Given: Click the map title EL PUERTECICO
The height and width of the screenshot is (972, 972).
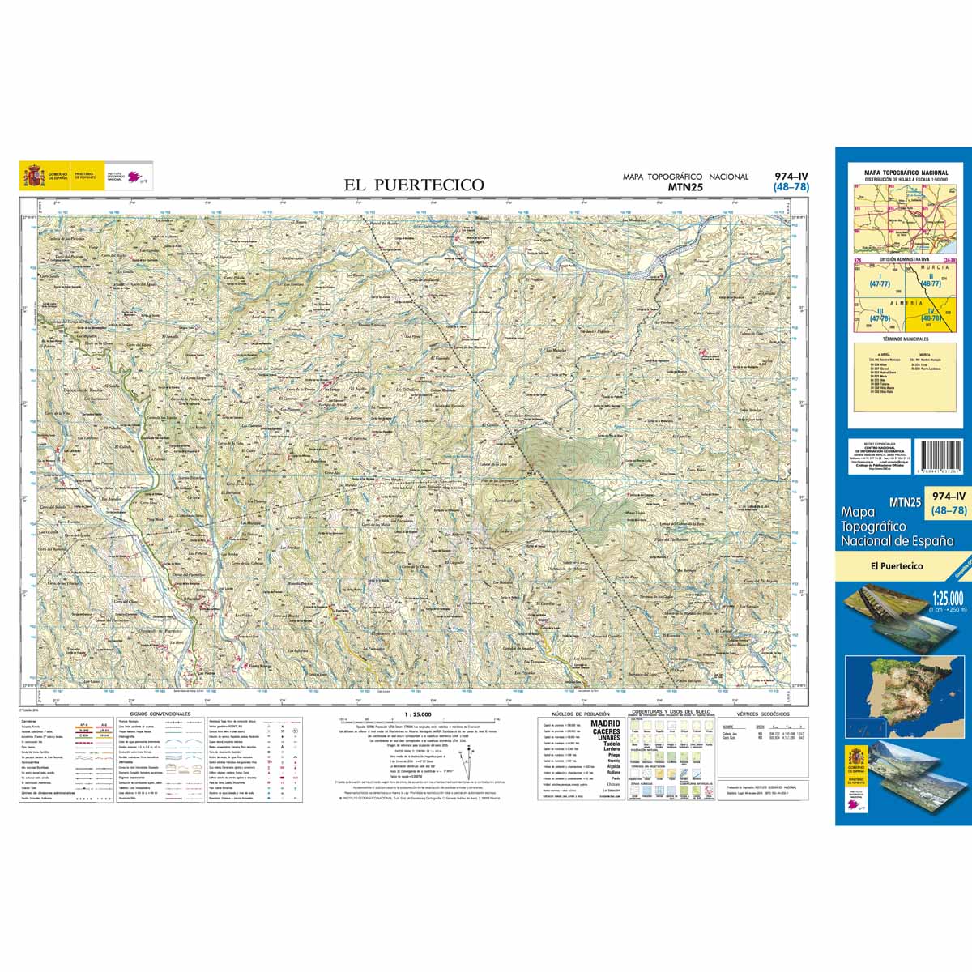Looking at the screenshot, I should [414, 185].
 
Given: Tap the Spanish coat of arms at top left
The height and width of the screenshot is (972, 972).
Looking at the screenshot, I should [34, 176].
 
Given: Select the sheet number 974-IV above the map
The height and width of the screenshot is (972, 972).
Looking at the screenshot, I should [791, 177].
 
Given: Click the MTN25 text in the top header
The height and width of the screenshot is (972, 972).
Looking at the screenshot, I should [685, 187].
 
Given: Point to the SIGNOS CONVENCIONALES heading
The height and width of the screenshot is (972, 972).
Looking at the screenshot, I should [155, 714].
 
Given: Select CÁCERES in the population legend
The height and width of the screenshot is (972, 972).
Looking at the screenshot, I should [606, 732].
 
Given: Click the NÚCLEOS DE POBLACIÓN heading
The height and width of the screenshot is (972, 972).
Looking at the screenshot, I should [580, 714].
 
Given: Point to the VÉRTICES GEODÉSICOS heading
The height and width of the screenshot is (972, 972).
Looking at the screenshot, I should [757, 714].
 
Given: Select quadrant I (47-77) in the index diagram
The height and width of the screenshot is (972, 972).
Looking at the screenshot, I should [880, 280].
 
